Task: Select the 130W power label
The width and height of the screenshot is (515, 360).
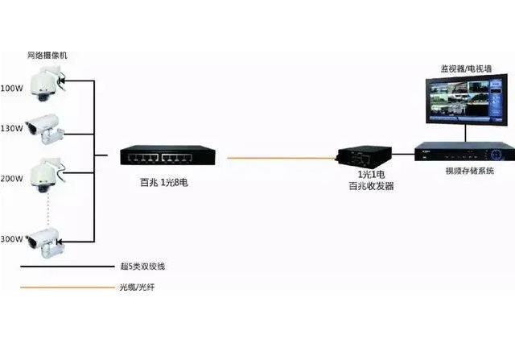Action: (x=11, y=128)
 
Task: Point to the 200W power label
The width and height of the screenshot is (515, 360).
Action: (x=11, y=176)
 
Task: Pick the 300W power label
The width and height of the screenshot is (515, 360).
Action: (x=11, y=239)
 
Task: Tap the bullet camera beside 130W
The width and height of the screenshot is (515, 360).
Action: (x=44, y=127)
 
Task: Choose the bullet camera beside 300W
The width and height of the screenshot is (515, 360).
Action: (x=44, y=239)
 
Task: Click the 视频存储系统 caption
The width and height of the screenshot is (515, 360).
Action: (x=469, y=172)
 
